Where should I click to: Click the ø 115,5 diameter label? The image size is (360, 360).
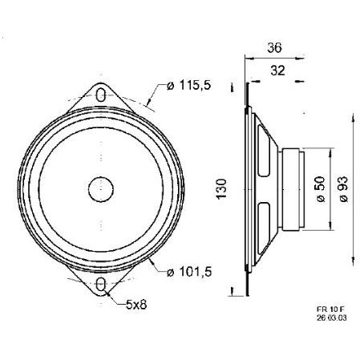(189, 85)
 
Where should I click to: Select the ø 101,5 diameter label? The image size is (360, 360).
(189, 272)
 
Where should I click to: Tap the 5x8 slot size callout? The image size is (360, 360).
(136, 304)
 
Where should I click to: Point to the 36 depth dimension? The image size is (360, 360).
(274, 48)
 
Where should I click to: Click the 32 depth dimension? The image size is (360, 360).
(277, 71)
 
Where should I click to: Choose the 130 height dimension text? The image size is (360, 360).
(221, 188)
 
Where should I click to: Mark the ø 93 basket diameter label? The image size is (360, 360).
(343, 189)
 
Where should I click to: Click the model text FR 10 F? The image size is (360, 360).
(330, 309)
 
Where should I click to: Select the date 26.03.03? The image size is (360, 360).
(332, 318)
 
